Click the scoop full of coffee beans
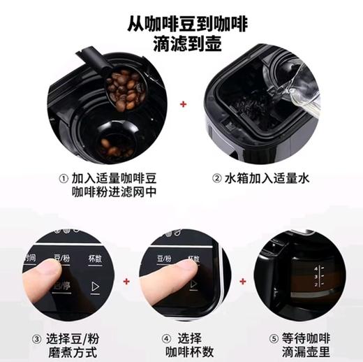tap(122, 89)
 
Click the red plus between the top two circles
tap(184, 105)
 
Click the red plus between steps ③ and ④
tap(126, 282)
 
